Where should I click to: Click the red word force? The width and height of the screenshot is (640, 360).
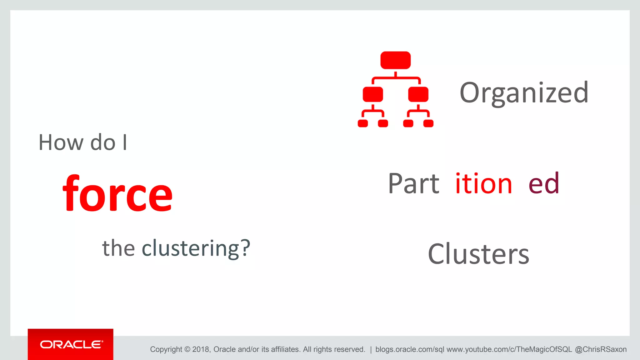pyautogui.click(x=117, y=194)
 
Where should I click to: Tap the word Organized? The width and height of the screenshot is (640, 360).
pyautogui.click(x=524, y=92)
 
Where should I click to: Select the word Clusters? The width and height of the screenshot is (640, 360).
pyautogui.click(x=478, y=254)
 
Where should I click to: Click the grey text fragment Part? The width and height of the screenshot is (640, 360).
pyautogui.click(x=413, y=184)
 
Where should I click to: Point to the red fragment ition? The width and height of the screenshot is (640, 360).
pyautogui.click(x=483, y=184)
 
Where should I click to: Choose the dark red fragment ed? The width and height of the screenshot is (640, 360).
pyautogui.click(x=544, y=184)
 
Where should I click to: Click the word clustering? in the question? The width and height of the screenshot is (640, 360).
pyautogui.click(x=196, y=248)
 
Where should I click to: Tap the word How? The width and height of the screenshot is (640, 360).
pyautogui.click(x=61, y=143)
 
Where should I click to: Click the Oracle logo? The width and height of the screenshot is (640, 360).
pyautogui.click(x=71, y=344)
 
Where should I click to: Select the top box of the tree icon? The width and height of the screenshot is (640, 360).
pyautogui.click(x=395, y=60)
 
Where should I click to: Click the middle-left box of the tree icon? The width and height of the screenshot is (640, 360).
pyautogui.click(x=373, y=94)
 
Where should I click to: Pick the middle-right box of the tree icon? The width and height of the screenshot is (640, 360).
pyautogui.click(x=418, y=94)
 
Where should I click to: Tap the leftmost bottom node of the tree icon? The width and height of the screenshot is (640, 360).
pyautogui.click(x=363, y=123)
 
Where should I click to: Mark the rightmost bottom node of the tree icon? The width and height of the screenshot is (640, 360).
pyautogui.click(x=428, y=123)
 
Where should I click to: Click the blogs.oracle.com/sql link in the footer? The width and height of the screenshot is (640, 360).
pyautogui.click(x=409, y=349)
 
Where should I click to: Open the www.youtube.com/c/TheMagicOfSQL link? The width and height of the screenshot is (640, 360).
pyautogui.click(x=509, y=349)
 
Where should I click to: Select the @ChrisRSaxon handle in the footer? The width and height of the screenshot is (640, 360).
pyautogui.click(x=601, y=349)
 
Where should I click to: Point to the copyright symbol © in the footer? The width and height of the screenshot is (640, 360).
pyautogui.click(x=187, y=349)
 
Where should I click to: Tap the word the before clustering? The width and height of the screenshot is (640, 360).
pyautogui.click(x=118, y=248)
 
